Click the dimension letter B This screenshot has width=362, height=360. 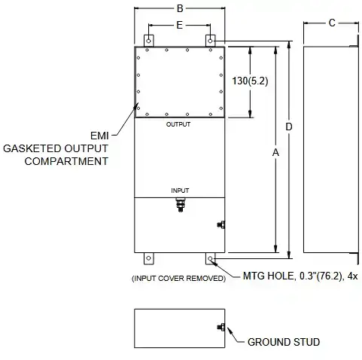(180, 8)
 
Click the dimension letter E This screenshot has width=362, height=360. (179, 25)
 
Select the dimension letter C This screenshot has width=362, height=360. (332, 23)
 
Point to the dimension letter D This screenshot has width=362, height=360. (289, 127)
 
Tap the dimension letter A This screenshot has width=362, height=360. (275, 152)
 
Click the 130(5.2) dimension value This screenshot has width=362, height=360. (250, 81)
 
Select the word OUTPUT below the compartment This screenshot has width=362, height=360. (178, 124)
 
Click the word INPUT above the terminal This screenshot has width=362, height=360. (180, 191)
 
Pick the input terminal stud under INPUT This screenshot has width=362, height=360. (181, 205)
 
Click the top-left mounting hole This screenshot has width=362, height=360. (148, 41)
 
